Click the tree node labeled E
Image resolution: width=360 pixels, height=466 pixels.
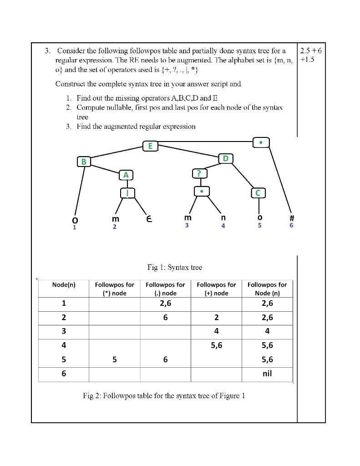150,146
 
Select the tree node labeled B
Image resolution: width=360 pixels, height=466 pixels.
84,162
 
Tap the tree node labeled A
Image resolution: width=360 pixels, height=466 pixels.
126,175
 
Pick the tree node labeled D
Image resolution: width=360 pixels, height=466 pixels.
226,158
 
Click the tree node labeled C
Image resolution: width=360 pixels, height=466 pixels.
258,193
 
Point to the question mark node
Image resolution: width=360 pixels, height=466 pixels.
199,173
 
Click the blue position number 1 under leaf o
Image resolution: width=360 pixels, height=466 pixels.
75,227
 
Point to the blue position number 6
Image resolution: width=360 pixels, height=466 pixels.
292,225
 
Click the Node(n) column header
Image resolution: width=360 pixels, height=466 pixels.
64,285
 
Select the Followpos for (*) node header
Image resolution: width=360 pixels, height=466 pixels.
114,289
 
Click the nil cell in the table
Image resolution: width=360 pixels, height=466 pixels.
267,374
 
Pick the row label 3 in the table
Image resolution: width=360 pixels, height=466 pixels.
64,331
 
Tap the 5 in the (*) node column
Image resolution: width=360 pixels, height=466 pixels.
114,360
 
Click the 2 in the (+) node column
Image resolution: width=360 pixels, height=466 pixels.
216,318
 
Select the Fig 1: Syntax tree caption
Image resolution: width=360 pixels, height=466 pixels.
175,268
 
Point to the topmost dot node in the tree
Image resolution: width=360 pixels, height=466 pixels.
260,142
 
